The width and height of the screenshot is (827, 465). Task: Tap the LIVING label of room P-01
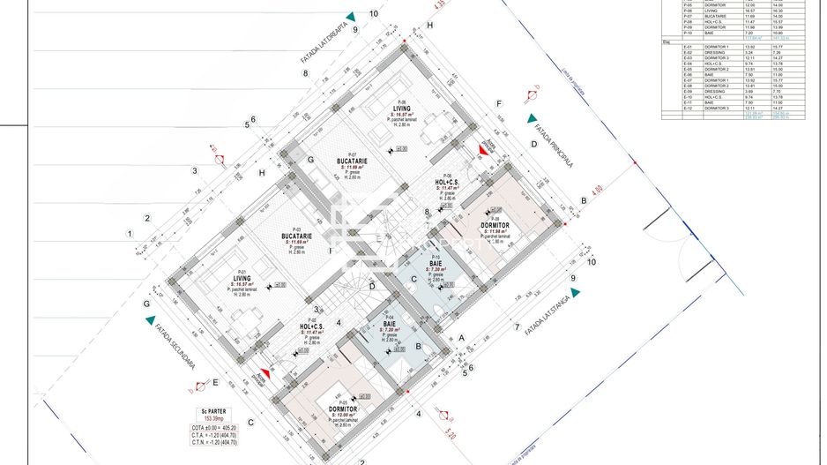tap(241, 276)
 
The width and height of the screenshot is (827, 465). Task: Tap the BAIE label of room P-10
tap(436, 264)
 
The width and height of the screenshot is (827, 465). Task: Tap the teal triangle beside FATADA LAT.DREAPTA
tap(351, 17)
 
